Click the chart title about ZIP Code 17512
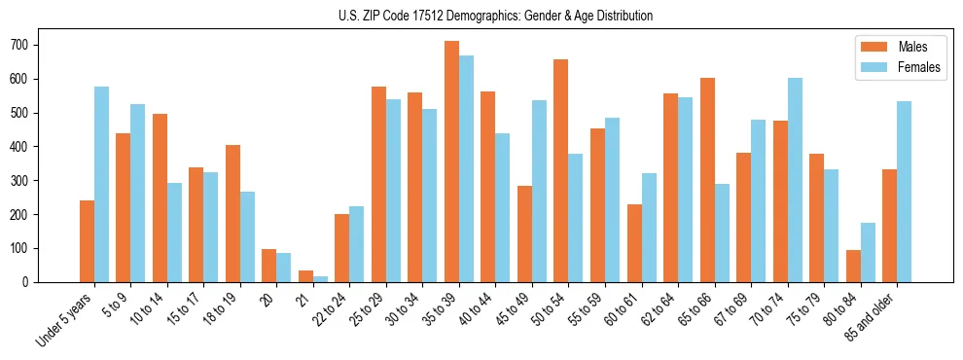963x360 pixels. [x=481, y=16]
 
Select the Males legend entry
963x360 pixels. [x=899, y=46]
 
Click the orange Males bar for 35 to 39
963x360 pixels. [x=451, y=162]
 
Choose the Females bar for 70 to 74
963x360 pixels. [x=795, y=180]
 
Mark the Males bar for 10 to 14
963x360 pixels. [x=160, y=198]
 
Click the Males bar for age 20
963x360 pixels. [x=268, y=266]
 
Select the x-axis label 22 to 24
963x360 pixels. [x=332, y=310]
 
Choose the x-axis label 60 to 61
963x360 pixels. [x=624, y=310]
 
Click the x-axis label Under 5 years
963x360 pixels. [x=66, y=320]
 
